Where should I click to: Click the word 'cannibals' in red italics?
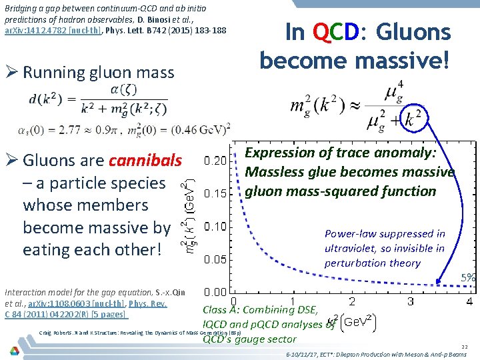pos(145,161)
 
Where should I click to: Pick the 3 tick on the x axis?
pos(411,302)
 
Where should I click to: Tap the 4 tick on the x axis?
pos(470,302)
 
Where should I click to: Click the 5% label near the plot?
pos(469,277)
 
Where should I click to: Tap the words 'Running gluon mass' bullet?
pos(98,72)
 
